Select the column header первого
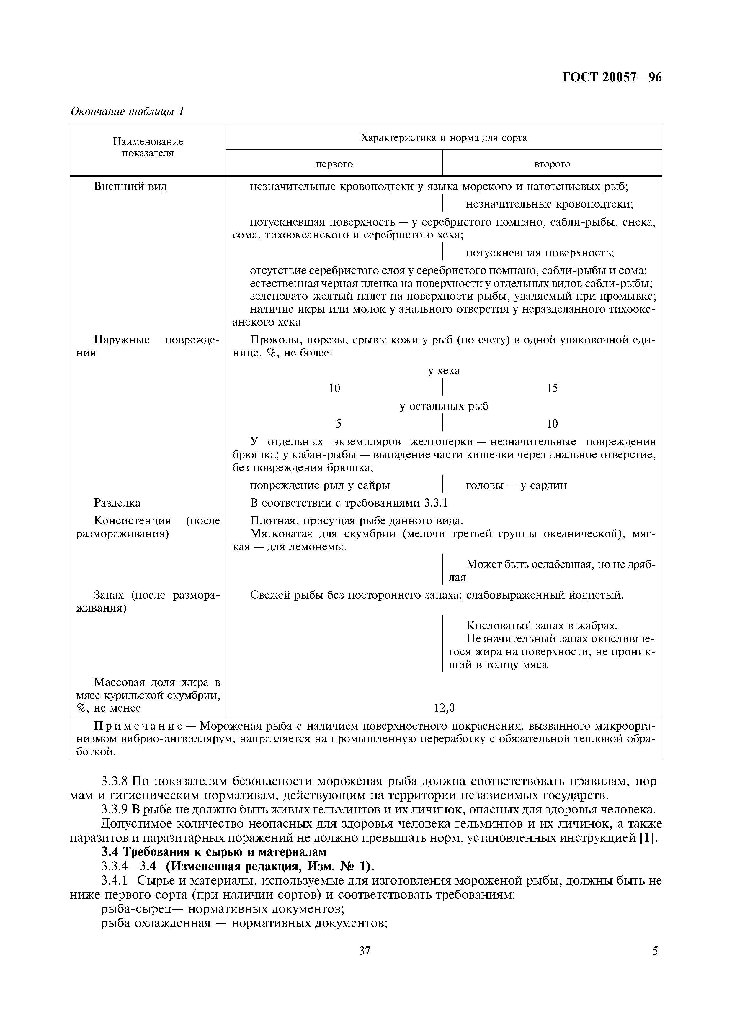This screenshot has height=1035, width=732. coord(334,164)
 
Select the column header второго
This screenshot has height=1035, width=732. coord(552,164)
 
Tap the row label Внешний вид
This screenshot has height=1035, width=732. coord(130,186)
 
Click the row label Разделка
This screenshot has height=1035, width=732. coord(117,503)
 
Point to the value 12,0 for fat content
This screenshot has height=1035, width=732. coord(444,708)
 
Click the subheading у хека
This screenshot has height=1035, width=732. coord(444,371)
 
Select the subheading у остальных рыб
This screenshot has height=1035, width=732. coord(444,406)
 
